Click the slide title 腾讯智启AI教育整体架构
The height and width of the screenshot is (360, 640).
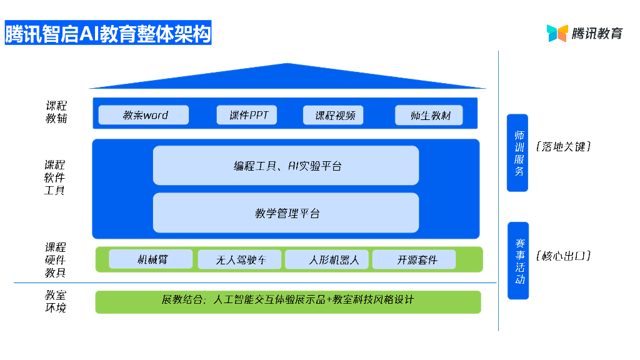coord(108,33)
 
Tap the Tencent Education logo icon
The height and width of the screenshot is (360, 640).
coord(557,33)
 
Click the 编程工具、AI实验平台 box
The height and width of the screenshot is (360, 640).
coord(286,166)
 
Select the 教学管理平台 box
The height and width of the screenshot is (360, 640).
coord(286,213)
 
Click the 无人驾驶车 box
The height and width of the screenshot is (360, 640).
coord(240,259)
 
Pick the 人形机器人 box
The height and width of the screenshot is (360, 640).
coord(327,259)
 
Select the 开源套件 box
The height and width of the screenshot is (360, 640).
coord(414,259)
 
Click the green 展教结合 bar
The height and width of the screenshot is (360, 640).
coord(287,301)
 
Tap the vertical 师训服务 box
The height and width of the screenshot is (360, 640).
coord(518,152)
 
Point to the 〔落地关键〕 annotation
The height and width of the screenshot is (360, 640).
coord(563,147)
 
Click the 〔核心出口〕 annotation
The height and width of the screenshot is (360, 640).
coord(563,256)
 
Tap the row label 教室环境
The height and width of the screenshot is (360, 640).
coord(55,301)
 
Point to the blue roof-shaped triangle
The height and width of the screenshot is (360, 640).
coord(287,77)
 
